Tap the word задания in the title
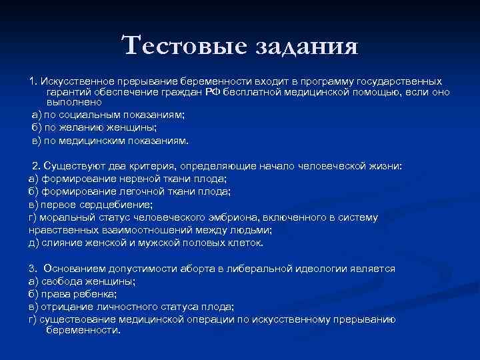pyautogui.click(x=306, y=47)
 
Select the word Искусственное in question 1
pyautogui.click(x=75, y=81)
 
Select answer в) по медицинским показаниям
pyautogui.click(x=110, y=140)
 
